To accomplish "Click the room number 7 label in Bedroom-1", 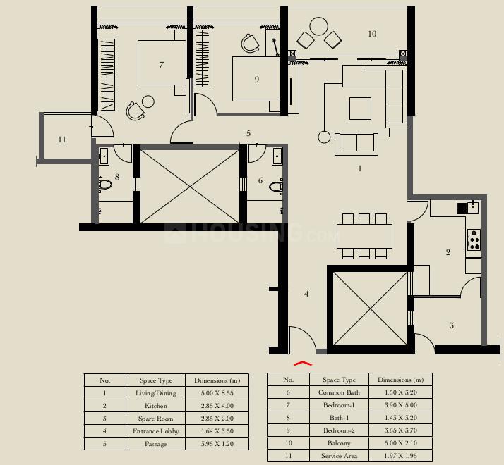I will click(x=162, y=65).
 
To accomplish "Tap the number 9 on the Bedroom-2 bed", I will click(x=257, y=80).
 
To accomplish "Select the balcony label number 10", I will click(x=372, y=34).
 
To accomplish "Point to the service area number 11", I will click(x=62, y=139).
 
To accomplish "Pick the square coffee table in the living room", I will click(x=360, y=108).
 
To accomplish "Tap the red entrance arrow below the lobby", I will click(x=302, y=364).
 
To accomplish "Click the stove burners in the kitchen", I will click(x=474, y=240).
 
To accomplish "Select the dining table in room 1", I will click(x=364, y=235).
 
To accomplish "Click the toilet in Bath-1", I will click(x=105, y=185).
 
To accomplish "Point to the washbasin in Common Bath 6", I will click(x=277, y=155).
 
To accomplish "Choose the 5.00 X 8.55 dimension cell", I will click(x=217, y=393).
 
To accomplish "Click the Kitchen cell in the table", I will click(x=155, y=406).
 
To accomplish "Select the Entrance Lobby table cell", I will click(x=155, y=431).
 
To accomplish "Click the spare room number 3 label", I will click(x=452, y=325).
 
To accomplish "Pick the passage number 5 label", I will click(x=248, y=133).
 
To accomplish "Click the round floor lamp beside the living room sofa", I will click(x=325, y=137).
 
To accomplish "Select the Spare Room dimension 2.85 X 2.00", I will click(x=217, y=418).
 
